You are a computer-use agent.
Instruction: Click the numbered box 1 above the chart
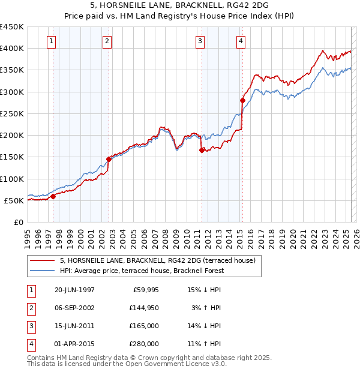tap(52, 41)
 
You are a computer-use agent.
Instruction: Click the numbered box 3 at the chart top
tap(200, 41)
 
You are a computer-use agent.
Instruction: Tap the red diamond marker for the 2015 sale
tap(242, 100)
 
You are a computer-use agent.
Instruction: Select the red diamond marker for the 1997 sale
tap(53, 196)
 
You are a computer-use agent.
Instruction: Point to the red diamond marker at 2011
tap(202, 151)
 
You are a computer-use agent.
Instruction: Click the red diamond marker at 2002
tap(109, 159)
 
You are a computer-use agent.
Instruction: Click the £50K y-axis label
tap(14, 200)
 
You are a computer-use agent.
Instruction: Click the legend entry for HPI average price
tap(142, 271)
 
